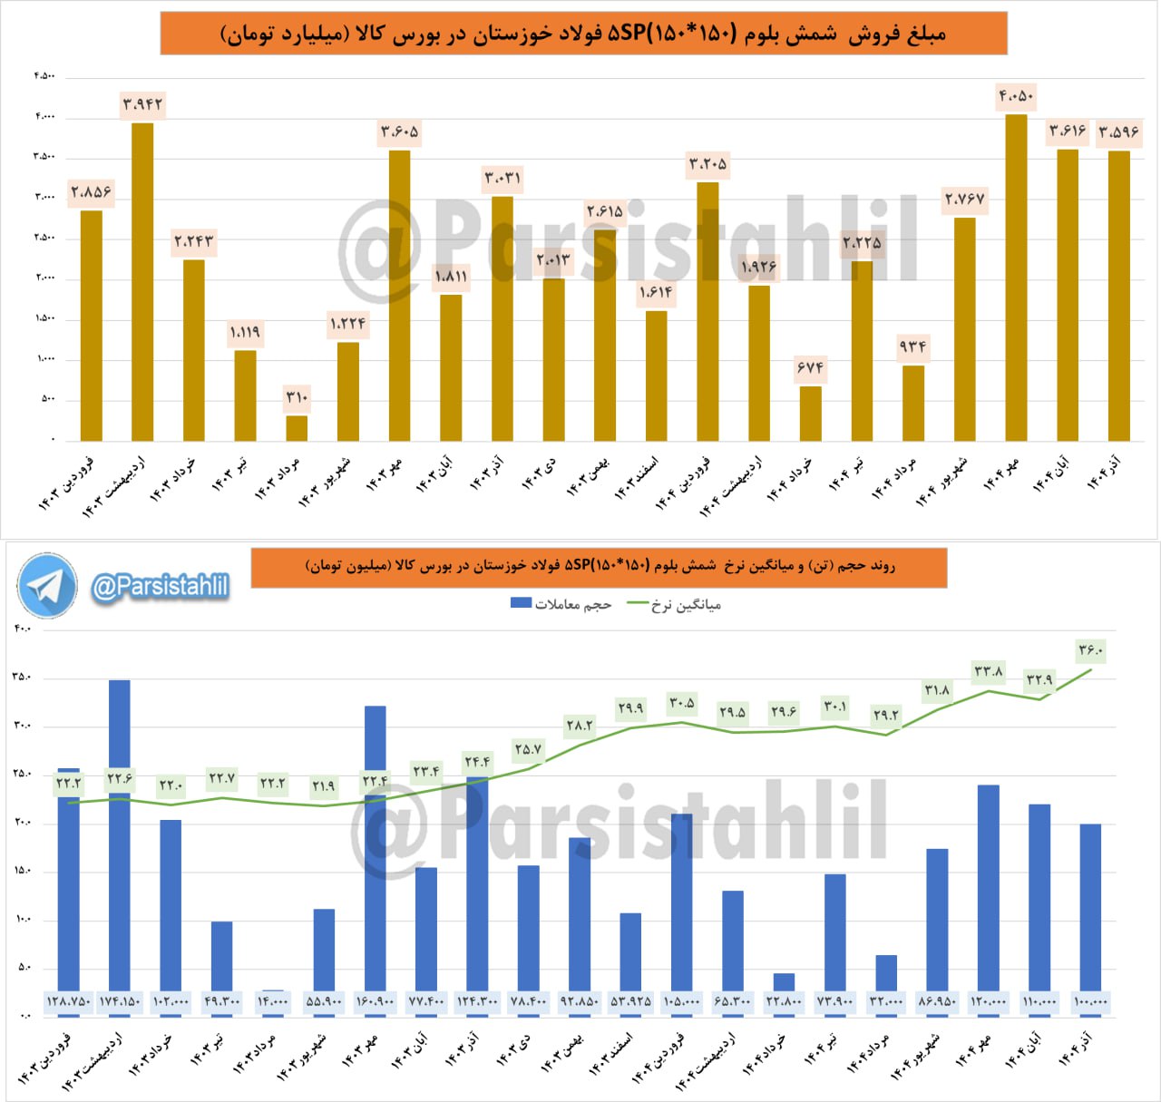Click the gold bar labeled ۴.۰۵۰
coord(1016,278)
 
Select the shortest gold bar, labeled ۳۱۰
coord(297,428)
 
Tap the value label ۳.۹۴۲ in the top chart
coord(142,105)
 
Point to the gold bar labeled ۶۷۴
coord(810,414)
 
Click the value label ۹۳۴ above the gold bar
coord(912,347)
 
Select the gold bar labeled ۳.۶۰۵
coord(399,296)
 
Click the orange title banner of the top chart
coord(583,34)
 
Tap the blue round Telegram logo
coord(47,586)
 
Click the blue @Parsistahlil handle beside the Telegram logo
coord(160,587)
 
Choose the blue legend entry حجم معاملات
coord(561,604)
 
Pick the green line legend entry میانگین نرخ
coord(674,604)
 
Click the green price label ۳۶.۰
coord(1090,650)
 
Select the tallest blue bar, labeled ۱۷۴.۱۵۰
coord(119,834)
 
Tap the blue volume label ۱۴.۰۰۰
coord(272,1002)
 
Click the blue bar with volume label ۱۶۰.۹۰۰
coord(375,848)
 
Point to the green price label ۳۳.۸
coord(988,672)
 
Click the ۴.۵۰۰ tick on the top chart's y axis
coord(44,75)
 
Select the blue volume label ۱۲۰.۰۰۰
coord(988,1002)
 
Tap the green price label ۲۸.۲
coord(579,725)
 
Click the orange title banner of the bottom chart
coord(599,567)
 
